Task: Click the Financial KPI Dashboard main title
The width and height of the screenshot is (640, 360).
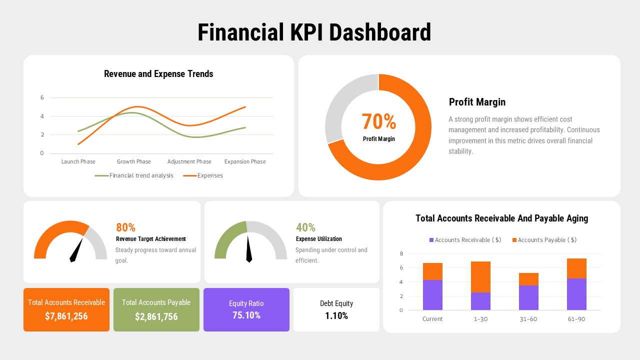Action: click(314, 32)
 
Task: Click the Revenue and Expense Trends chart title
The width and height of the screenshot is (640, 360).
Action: click(158, 74)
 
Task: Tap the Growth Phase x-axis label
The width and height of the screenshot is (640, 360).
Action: click(133, 161)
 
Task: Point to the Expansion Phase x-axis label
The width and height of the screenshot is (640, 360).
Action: click(245, 161)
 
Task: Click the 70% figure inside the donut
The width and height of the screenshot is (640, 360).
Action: click(378, 121)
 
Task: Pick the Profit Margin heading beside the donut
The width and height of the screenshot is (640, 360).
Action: click(477, 102)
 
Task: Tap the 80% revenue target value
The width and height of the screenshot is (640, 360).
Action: click(125, 227)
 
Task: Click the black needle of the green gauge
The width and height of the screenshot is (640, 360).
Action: click(248, 249)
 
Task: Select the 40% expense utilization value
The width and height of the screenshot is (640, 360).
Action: click(305, 227)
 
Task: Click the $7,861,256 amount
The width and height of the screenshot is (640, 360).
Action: click(66, 316)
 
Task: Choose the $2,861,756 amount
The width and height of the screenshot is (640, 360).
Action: click(156, 316)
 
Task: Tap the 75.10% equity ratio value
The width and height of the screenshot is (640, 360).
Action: click(246, 315)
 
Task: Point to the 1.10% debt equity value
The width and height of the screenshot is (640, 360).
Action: click(336, 315)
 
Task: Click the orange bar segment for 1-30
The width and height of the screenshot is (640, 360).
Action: click(480, 276)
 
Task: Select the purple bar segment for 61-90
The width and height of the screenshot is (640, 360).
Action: click(576, 294)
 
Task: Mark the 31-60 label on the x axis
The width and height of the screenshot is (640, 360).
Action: click(528, 319)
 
